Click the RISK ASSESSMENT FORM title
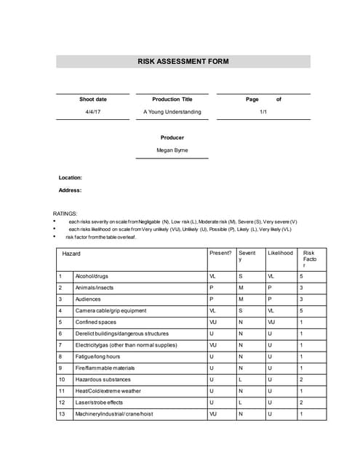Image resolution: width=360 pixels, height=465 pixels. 183,62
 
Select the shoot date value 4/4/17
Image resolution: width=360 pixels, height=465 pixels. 93,112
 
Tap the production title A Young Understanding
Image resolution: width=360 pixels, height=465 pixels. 172,112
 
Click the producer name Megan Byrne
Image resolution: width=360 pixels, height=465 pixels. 172,150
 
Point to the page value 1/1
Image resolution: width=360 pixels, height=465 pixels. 263,112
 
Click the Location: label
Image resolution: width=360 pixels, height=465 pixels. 70,177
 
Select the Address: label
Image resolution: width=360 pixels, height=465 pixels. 70,190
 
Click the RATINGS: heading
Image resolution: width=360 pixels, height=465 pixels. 65,214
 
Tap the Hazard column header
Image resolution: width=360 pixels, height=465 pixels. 71,254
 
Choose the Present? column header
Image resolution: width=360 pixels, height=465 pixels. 220,254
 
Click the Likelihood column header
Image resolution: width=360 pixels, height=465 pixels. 280,254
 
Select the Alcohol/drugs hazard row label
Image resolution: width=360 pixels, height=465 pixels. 92,276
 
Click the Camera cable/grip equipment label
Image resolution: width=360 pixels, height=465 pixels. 111,310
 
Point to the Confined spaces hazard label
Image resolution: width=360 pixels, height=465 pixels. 95,322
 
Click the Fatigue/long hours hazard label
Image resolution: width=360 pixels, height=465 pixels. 97,356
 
